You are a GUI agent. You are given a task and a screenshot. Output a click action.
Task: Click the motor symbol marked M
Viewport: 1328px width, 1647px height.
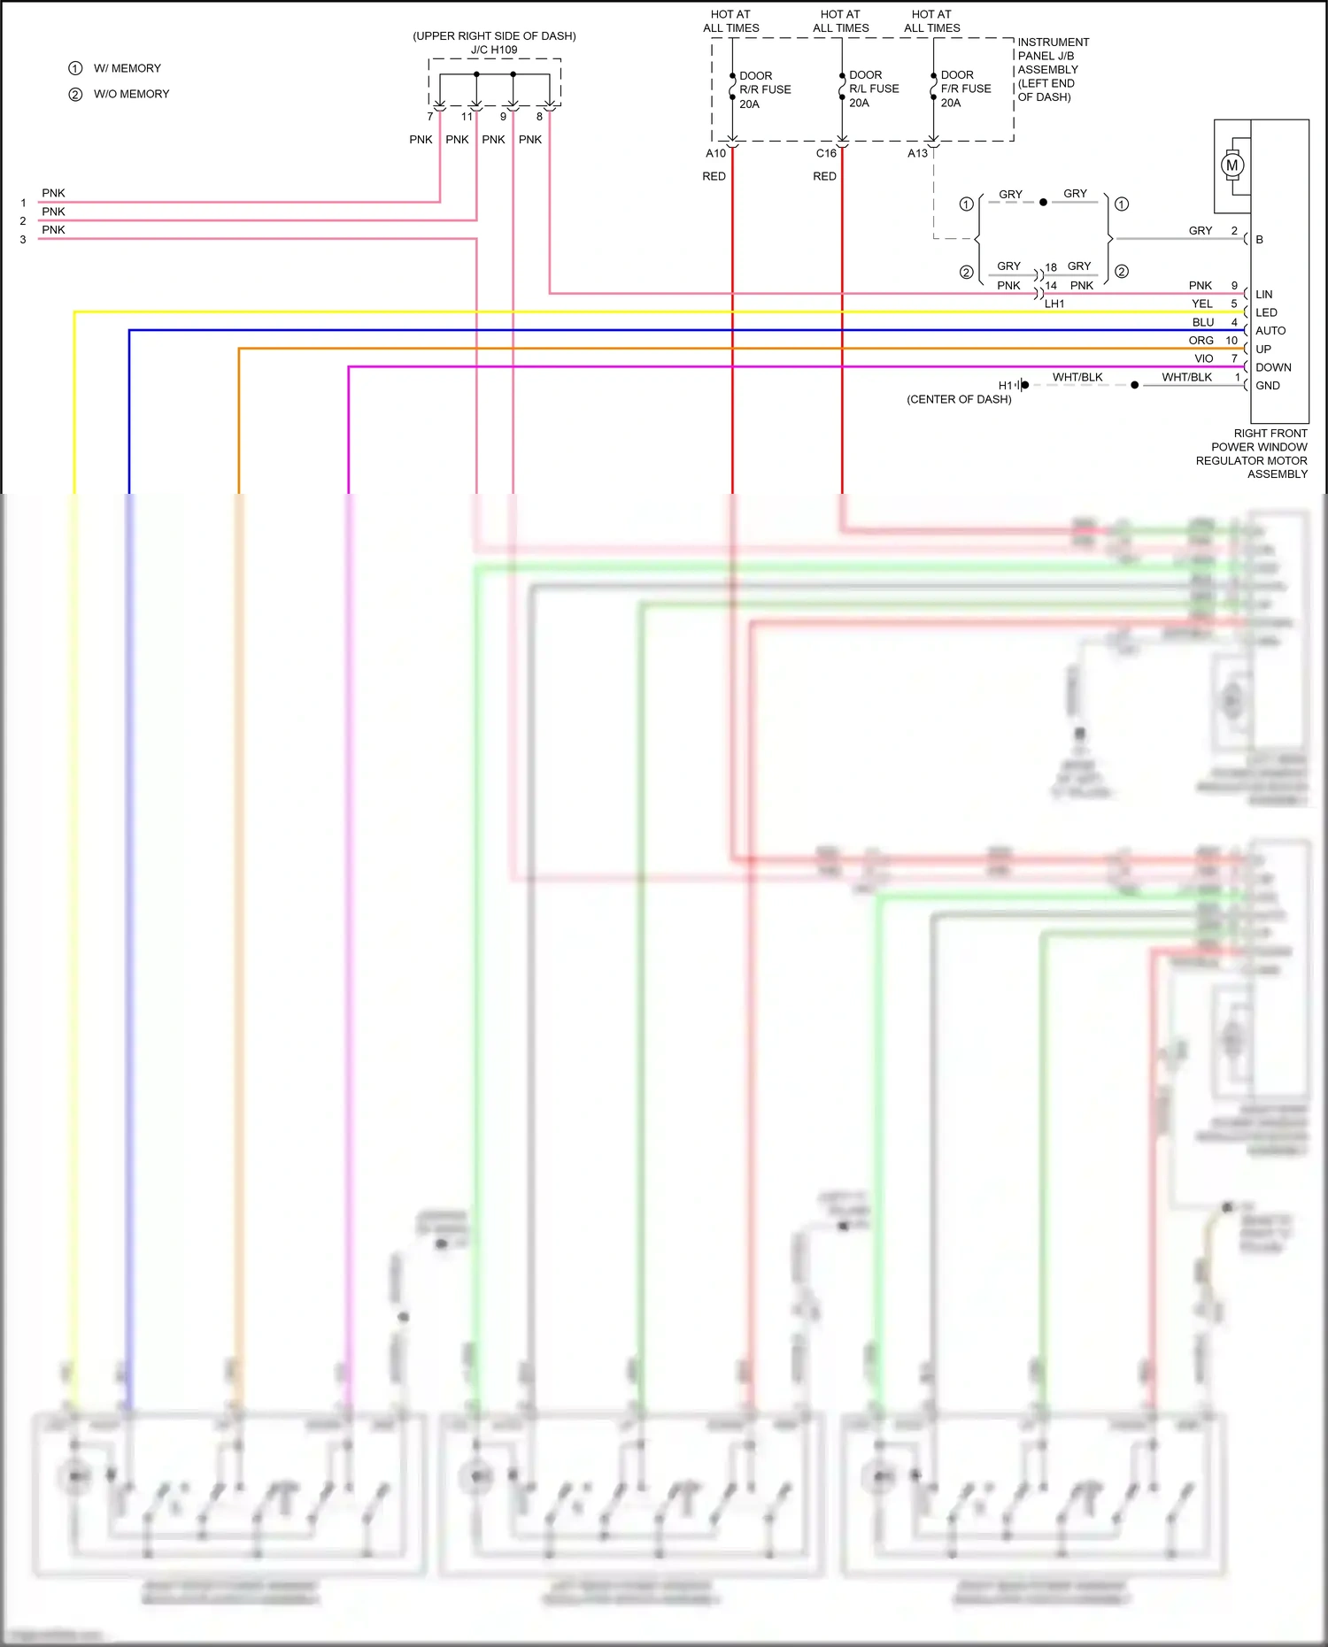(1231, 165)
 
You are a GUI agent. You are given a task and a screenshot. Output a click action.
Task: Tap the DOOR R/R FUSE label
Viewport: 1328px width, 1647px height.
(765, 89)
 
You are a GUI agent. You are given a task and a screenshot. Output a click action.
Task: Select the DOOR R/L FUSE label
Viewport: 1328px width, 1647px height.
(874, 89)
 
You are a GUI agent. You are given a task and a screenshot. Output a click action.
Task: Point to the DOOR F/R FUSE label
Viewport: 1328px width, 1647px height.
(966, 89)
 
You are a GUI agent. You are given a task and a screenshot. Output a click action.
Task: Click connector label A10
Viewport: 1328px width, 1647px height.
(715, 153)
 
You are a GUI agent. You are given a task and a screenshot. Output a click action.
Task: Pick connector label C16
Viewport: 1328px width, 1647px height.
(826, 153)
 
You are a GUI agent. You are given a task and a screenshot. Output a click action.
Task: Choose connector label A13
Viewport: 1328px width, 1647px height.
(918, 153)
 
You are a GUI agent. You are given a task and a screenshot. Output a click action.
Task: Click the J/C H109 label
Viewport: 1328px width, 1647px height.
(494, 50)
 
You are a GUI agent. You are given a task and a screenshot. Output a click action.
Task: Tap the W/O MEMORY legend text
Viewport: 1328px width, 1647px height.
(131, 94)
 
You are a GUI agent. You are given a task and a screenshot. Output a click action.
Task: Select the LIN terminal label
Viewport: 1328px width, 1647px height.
(1263, 294)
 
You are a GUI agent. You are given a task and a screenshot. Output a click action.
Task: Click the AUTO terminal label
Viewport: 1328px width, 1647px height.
(1270, 330)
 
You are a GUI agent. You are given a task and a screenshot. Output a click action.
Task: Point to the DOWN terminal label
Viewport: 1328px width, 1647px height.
(1273, 367)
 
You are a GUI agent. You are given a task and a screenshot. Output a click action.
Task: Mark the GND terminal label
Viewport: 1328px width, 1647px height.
(1268, 386)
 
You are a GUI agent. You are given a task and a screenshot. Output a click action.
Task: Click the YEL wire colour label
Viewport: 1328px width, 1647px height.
(1202, 304)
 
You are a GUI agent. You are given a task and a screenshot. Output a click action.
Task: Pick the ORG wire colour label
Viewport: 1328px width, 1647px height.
(1201, 341)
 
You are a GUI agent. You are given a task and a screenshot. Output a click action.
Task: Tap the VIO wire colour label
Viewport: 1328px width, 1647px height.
(1204, 358)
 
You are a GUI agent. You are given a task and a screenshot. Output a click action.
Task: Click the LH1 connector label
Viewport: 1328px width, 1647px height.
(1054, 304)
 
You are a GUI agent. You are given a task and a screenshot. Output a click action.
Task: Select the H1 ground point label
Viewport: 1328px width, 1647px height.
(1005, 386)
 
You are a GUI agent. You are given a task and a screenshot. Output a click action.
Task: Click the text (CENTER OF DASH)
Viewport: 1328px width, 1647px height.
(959, 399)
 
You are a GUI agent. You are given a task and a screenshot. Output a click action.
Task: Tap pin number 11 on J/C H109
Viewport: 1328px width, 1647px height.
(467, 117)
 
